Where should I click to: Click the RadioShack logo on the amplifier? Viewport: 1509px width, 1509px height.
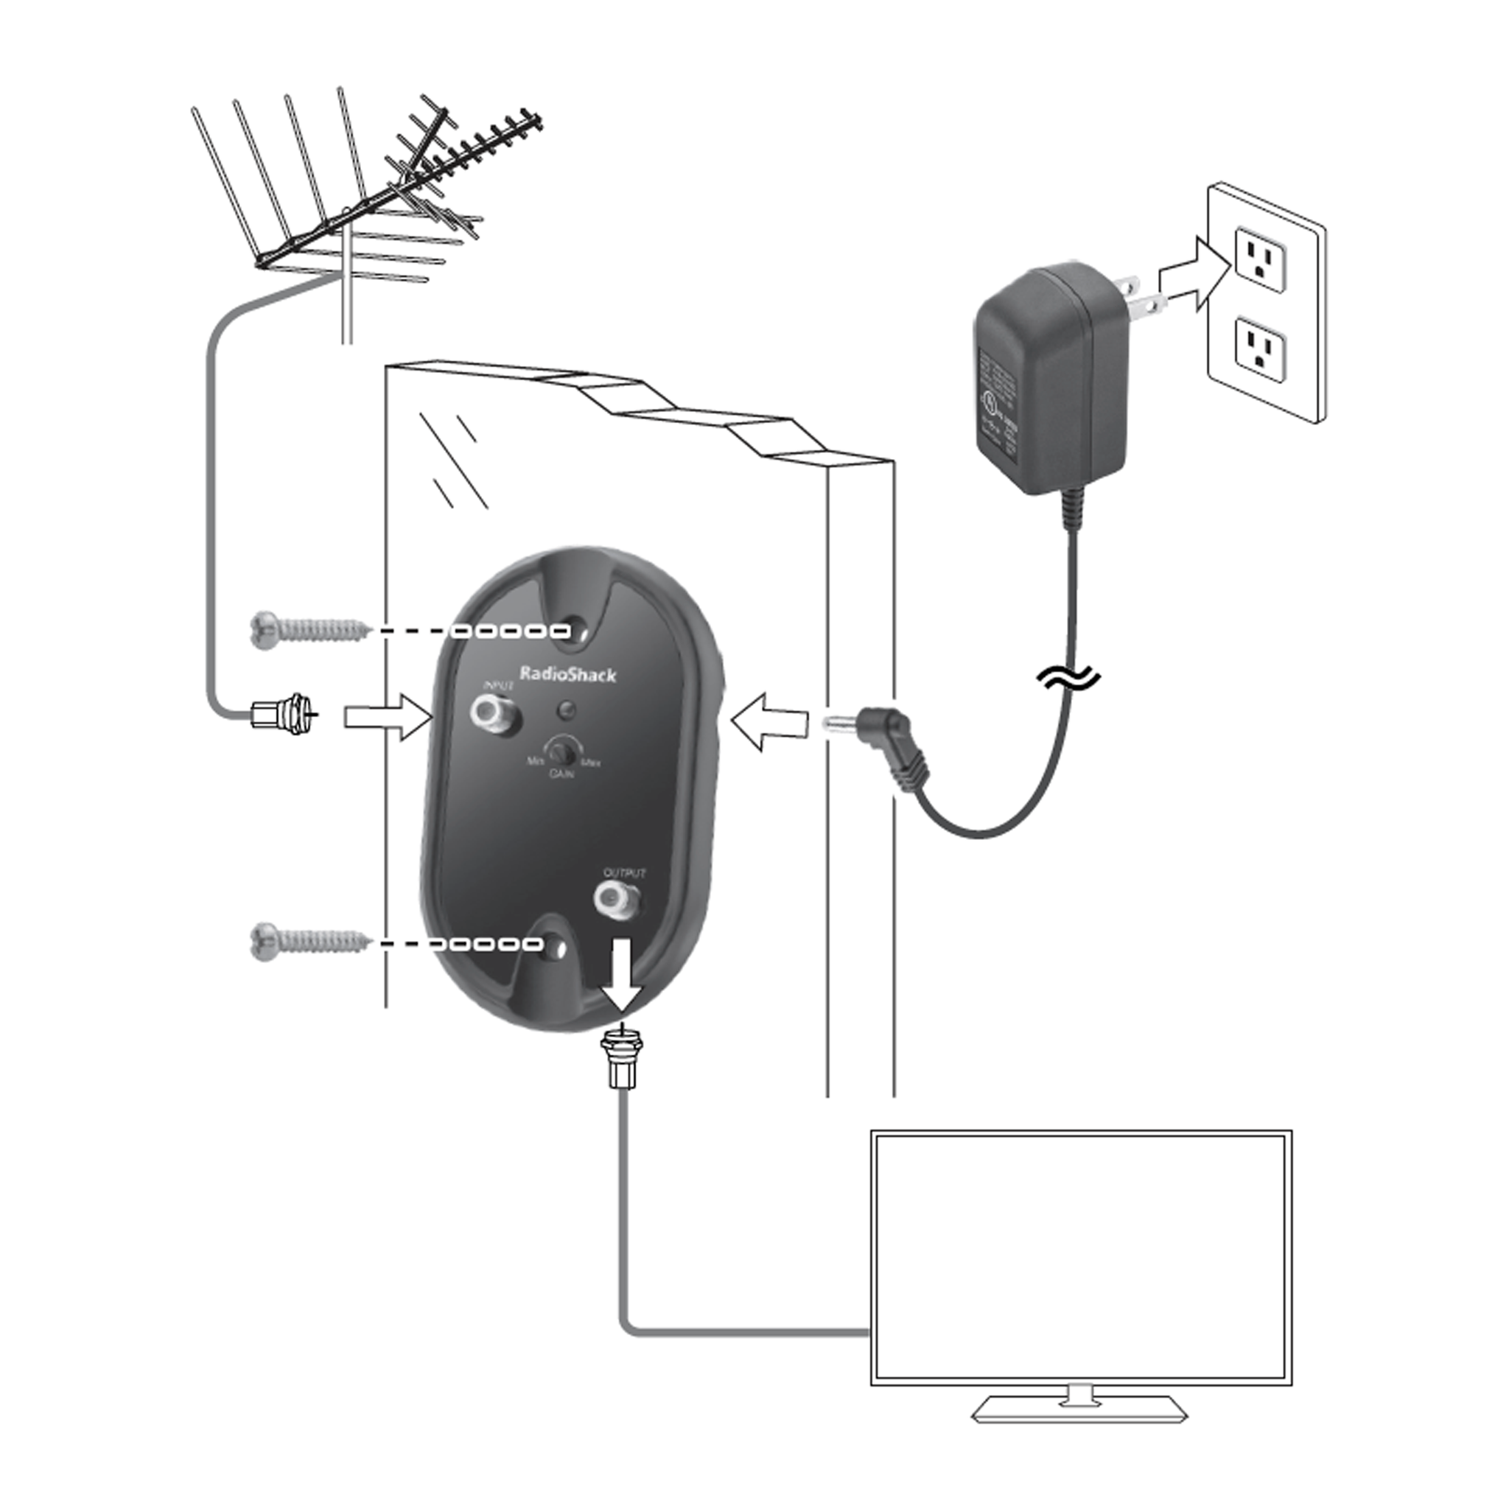pos(568,675)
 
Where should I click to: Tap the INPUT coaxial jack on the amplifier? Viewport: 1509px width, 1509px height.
pos(490,713)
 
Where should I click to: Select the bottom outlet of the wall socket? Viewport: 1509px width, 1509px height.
pos(1259,349)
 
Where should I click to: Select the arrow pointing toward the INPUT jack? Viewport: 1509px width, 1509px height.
pos(388,717)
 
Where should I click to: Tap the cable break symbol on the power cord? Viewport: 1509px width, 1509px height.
pos(1068,679)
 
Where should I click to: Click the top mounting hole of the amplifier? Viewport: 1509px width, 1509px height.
pos(578,631)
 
